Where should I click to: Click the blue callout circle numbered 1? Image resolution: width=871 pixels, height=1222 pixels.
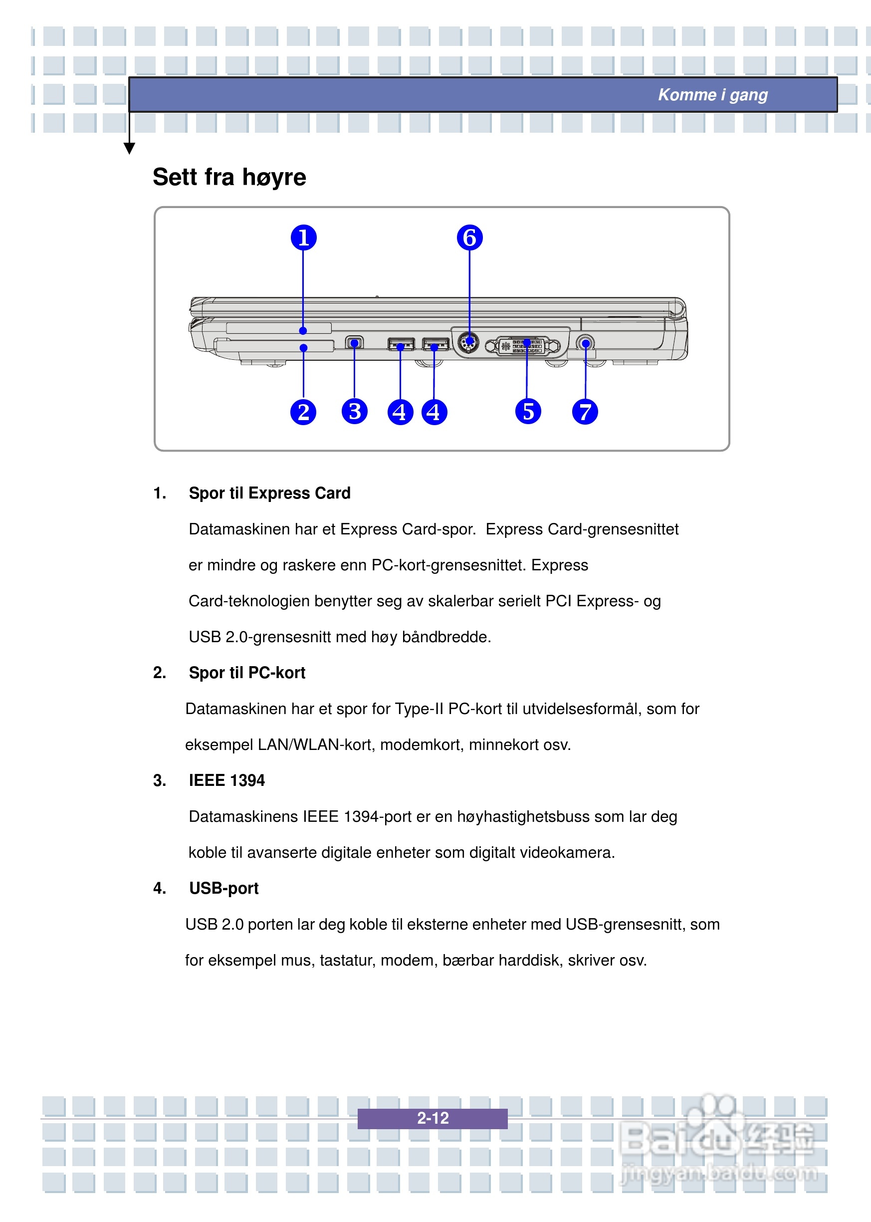click(304, 238)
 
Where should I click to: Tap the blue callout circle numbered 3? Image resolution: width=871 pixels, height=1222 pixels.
click(355, 412)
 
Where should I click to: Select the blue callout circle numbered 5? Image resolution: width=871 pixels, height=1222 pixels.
click(528, 412)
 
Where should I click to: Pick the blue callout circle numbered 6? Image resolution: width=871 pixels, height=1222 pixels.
click(469, 238)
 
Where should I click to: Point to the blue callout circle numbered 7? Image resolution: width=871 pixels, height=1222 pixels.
click(585, 412)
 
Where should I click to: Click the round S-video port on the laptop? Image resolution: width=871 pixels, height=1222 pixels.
click(469, 342)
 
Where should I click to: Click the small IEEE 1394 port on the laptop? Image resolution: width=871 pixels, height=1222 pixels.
click(354, 342)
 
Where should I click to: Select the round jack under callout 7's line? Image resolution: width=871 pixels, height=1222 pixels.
click(586, 343)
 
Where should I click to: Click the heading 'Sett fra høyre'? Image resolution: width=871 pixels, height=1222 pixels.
click(229, 177)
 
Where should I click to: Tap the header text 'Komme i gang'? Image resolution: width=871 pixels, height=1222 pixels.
click(713, 95)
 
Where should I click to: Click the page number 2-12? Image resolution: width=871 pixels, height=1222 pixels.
click(433, 1118)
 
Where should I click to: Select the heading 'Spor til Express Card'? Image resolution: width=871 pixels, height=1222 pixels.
click(269, 493)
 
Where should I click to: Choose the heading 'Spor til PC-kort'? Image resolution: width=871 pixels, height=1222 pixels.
click(247, 673)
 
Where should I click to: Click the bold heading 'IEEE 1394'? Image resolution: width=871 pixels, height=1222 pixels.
click(226, 780)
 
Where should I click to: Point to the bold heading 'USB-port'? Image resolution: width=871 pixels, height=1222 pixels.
click(223, 888)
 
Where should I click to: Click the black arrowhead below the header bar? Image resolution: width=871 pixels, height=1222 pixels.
click(129, 148)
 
